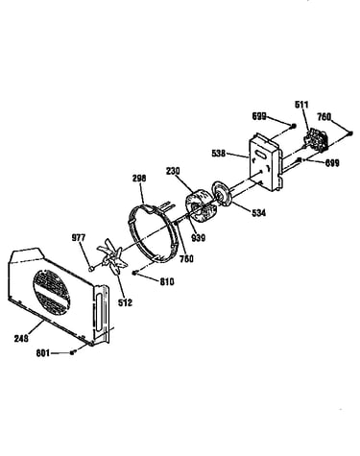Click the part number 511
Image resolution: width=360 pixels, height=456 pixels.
click(301, 105)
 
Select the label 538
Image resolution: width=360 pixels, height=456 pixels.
click(219, 154)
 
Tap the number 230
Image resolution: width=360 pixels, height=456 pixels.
click(173, 171)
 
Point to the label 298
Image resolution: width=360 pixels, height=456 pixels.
click(139, 178)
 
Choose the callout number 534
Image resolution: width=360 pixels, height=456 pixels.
click(258, 213)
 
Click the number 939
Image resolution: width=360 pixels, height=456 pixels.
click(199, 238)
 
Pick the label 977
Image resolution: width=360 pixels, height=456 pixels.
click(79, 238)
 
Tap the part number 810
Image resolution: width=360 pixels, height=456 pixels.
click(167, 281)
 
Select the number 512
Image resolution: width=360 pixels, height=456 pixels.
click(125, 302)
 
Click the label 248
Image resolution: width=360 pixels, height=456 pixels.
click(21, 338)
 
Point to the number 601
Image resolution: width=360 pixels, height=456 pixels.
click(43, 353)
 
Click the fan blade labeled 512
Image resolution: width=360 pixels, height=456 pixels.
click(112, 258)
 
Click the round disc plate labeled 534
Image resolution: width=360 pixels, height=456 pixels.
click(222, 193)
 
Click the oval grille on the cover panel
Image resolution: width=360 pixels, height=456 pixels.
click(52, 292)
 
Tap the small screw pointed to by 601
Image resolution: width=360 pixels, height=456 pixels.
click(72, 352)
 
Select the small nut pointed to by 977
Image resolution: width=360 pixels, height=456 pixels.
click(91, 269)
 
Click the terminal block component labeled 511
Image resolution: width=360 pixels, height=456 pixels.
click(317, 139)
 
